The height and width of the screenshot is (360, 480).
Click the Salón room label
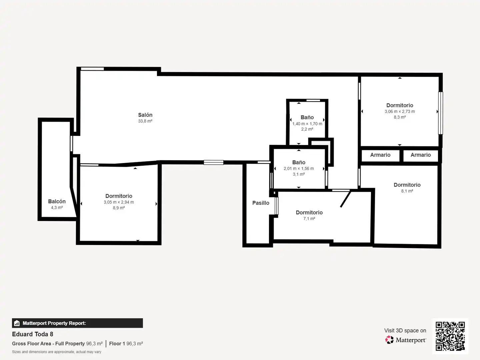(x=145, y=115)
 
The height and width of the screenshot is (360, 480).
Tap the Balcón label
(x=57, y=201)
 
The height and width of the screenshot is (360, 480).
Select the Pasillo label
(x=261, y=203)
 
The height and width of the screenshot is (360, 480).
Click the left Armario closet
(x=380, y=155)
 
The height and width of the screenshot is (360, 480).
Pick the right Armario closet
(x=421, y=155)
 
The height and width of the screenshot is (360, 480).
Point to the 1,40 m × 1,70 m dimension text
(x=307, y=124)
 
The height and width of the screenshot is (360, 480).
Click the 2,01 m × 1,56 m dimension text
(x=299, y=169)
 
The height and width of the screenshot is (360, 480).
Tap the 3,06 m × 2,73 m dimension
(x=400, y=111)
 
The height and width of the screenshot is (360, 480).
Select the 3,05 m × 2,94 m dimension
(x=119, y=202)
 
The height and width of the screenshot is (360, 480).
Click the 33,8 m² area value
(x=145, y=121)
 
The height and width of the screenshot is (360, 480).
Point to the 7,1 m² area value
(x=309, y=219)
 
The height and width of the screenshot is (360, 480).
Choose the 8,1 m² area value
(x=407, y=191)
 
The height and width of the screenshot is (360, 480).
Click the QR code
(x=450, y=336)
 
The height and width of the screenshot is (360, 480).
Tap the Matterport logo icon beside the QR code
(x=389, y=340)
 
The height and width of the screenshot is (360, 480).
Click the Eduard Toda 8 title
(x=33, y=334)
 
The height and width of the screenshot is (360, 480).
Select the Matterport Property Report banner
(x=77, y=323)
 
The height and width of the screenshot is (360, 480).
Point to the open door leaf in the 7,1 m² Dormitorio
(x=346, y=199)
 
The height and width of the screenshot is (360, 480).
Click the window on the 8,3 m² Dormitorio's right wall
(x=441, y=113)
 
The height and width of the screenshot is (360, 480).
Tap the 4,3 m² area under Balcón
(x=57, y=207)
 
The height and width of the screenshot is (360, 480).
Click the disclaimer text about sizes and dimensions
(x=57, y=352)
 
